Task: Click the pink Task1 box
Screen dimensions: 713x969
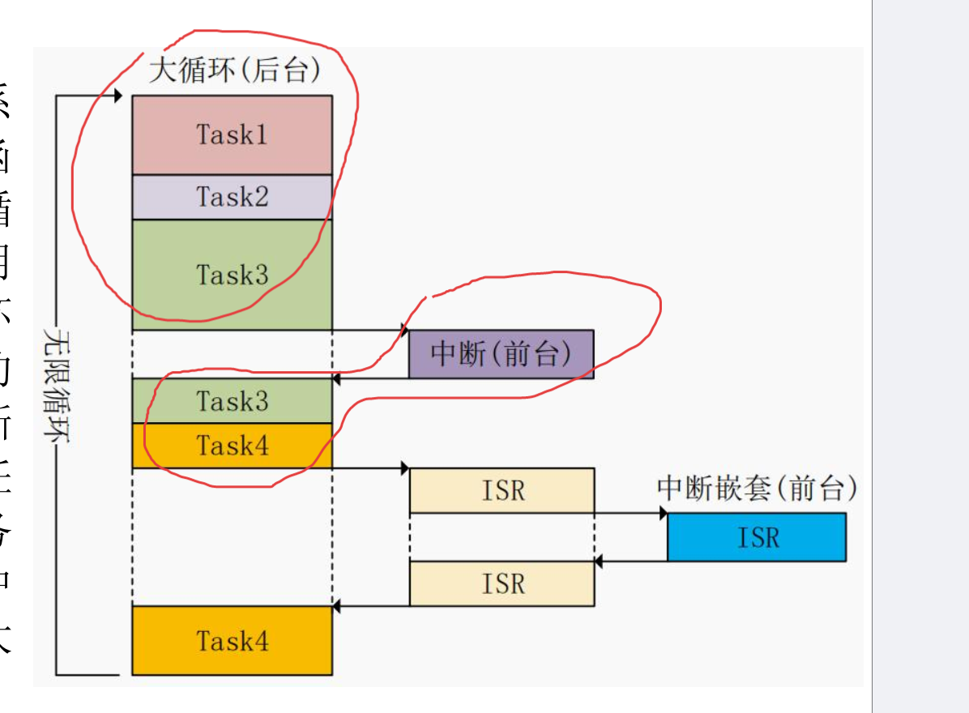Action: [232, 134]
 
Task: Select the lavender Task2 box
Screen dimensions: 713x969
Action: [232, 197]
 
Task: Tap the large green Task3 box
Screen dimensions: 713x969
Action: [232, 275]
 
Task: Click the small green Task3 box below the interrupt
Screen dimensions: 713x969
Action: [232, 401]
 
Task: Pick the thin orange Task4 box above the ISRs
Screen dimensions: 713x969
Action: [232, 446]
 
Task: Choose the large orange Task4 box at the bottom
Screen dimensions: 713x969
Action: [232, 641]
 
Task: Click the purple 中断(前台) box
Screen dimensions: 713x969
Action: [501, 354]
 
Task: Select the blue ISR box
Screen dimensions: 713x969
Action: [757, 536]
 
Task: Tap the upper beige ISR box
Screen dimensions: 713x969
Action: [502, 490]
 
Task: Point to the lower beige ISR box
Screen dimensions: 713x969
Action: [502, 583]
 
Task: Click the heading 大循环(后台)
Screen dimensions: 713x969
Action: [235, 70]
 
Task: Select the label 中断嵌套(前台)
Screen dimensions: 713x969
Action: [757, 488]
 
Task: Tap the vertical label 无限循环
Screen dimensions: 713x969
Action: [56, 385]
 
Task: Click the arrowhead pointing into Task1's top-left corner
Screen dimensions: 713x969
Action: [117, 96]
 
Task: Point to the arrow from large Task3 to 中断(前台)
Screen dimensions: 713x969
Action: [369, 330]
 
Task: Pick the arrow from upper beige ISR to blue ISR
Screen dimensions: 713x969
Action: [630, 513]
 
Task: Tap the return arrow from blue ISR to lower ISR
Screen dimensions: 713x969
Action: [630, 561]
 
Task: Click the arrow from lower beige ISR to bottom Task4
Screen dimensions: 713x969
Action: [370, 605]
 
